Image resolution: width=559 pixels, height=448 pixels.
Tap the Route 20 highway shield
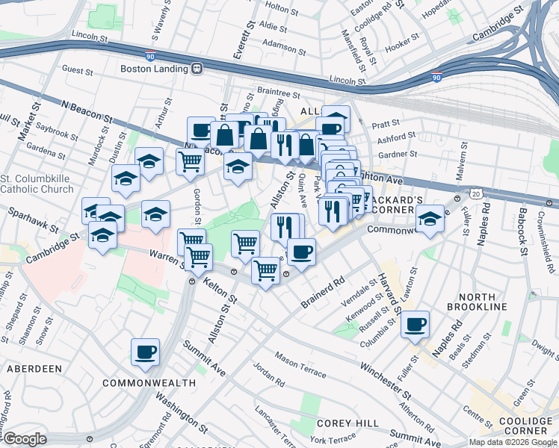475,194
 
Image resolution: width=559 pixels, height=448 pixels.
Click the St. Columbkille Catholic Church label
37,184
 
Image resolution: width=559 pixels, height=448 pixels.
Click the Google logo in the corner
25,439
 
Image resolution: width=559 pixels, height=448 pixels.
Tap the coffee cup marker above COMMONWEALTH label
145,351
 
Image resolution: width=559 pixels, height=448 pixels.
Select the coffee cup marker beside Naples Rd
415,324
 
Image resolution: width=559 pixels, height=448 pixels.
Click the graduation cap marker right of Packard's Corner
430,219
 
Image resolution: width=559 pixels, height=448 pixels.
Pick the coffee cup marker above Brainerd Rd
301,252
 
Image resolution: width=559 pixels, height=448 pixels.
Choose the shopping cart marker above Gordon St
191,161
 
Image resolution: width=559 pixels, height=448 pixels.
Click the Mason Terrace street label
300,364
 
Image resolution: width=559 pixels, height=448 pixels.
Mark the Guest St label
77,69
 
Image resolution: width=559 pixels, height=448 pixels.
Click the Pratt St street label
386,122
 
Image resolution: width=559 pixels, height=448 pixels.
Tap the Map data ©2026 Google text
513,442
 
